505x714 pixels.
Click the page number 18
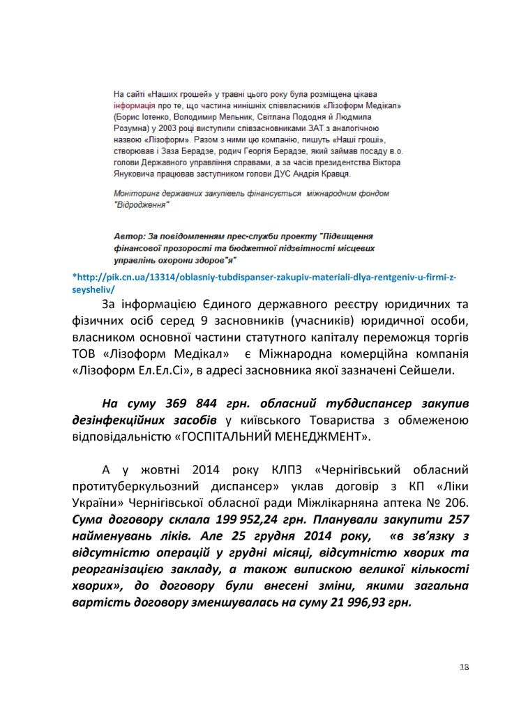(x=464, y=667)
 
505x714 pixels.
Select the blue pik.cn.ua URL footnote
(x=264, y=283)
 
